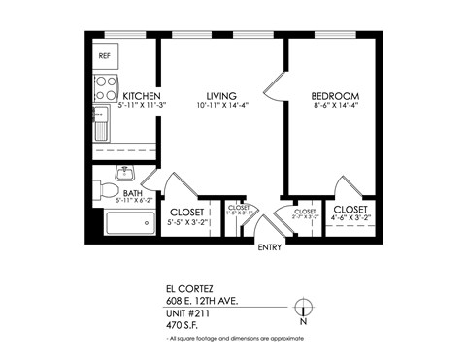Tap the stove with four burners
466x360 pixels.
(106, 88)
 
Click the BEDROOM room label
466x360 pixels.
(335, 96)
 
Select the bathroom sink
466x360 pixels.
(124, 174)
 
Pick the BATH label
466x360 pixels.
(133, 193)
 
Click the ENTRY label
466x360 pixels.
(271, 248)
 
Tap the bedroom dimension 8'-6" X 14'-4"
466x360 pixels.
(335, 107)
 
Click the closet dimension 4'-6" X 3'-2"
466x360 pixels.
(349, 220)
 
